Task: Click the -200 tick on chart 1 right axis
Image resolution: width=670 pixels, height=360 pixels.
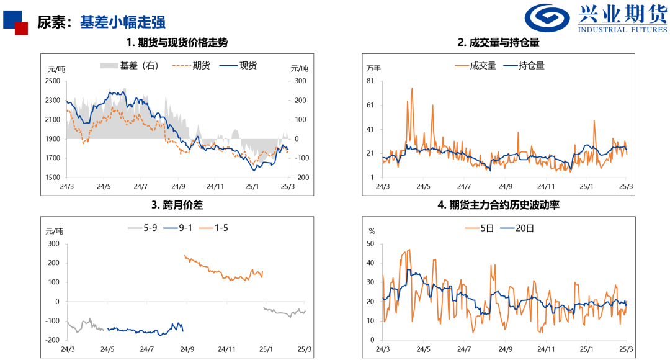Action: tap(301, 178)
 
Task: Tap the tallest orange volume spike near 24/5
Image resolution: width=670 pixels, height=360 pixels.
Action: tap(412, 89)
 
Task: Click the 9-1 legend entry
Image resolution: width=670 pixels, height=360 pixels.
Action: tap(180, 228)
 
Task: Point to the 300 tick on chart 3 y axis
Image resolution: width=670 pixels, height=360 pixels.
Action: tap(53, 244)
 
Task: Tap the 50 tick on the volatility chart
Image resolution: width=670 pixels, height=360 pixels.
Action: tap(370, 244)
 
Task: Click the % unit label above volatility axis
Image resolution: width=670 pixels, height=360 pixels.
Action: tap(372, 231)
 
